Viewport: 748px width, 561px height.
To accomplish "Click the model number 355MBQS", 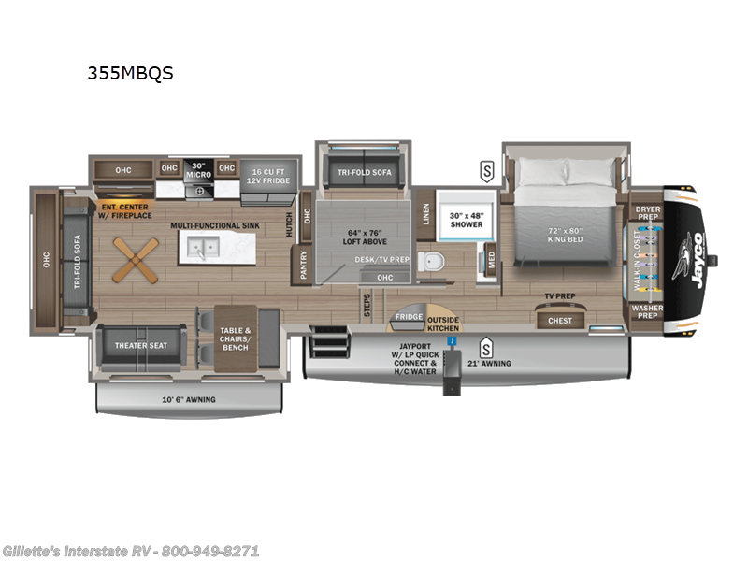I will pos(129,74).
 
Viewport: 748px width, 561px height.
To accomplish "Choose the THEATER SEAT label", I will pos(141,345).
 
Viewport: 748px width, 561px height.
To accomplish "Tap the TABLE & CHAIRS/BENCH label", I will pos(235,335).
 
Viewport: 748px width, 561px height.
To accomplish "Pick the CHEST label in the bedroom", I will pos(560,321).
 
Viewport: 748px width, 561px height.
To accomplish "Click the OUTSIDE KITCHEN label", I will pos(444,324).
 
